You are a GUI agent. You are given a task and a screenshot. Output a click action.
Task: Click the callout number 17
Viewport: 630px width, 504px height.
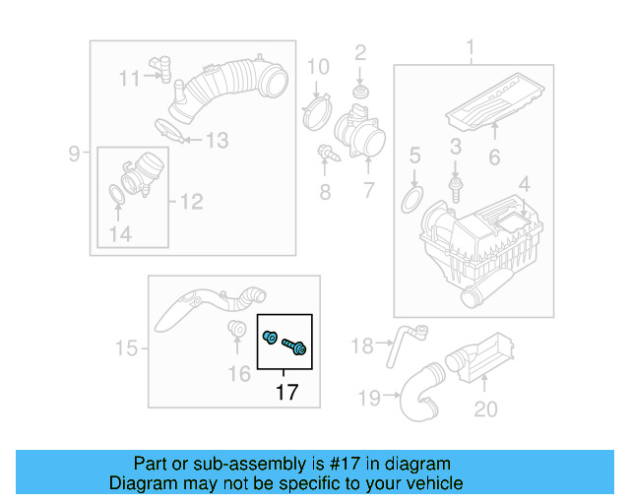click(285, 393)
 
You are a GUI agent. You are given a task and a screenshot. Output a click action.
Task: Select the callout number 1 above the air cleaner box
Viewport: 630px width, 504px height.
click(470, 47)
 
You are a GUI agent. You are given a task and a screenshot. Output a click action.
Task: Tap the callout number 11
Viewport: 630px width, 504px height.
click(130, 78)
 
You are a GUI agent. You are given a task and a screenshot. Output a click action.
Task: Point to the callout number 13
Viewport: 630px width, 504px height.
click(216, 141)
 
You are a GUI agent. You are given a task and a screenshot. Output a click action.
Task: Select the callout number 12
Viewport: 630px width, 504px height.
click(191, 202)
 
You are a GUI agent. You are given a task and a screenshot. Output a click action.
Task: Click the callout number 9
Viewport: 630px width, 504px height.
click(74, 153)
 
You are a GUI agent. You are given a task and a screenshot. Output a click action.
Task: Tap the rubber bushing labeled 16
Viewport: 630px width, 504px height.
click(236, 329)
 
